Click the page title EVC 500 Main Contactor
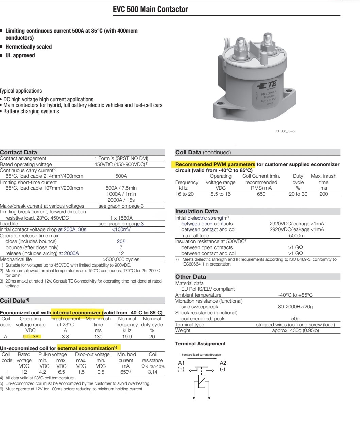(x=150, y=10)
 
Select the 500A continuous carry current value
(x=121, y=176)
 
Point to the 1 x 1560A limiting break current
(x=121, y=218)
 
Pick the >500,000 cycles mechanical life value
(x=121, y=259)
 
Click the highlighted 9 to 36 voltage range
(x=31, y=337)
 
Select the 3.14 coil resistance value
(x=153, y=372)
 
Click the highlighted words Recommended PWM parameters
(x=215, y=164)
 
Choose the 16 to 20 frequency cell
(x=185, y=194)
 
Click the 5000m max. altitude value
(x=296, y=236)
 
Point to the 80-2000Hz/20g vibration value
(x=295, y=307)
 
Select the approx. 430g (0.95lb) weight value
(x=295, y=330)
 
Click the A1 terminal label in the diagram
(x=181, y=363)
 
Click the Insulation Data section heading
(x=196, y=211)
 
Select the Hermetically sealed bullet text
(x=29, y=47)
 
